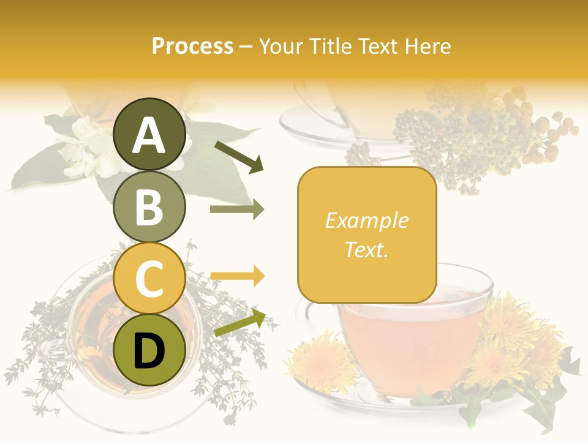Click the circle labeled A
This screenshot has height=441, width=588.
point(149,135)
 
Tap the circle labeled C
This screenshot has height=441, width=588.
point(149,279)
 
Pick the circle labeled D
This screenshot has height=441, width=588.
point(149,350)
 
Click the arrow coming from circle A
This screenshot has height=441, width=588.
point(239,157)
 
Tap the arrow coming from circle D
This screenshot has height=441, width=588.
point(239,323)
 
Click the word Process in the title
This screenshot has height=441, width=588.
point(192,47)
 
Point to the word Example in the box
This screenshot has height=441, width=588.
point(366,221)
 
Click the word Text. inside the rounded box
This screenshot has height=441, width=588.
point(366,249)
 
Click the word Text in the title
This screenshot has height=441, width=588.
point(375,47)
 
